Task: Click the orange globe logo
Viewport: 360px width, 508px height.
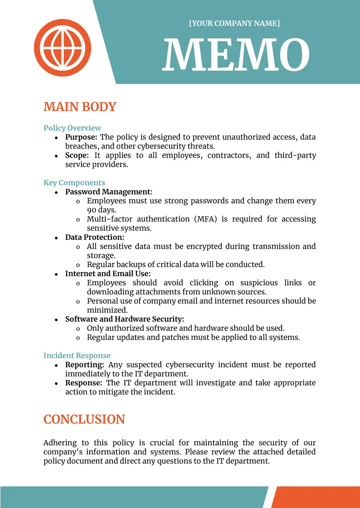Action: pos(63,48)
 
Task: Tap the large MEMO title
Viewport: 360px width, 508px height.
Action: pos(236,55)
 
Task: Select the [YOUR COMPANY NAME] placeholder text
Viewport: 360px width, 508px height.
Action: pos(234,23)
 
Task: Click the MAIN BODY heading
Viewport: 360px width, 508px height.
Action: pos(80,107)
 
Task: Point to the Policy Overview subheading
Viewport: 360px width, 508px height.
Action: pos(72,128)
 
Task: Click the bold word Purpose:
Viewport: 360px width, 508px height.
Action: pos(81,137)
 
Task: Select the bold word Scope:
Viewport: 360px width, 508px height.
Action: pos(77,155)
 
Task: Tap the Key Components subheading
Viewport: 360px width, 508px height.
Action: pos(74,183)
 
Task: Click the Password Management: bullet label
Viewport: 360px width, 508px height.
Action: pos(109,192)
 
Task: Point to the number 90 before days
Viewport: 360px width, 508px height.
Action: pos(91,210)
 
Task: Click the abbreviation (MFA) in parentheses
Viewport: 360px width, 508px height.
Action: pos(205,219)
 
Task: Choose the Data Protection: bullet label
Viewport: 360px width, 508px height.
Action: pos(94,238)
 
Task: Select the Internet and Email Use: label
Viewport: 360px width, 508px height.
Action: pos(108,274)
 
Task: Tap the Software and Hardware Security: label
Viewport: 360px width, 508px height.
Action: pos(124,319)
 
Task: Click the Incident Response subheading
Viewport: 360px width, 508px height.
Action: pos(77,356)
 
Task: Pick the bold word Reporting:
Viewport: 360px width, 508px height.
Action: pos(84,365)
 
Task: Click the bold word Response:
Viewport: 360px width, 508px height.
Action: pos(84,383)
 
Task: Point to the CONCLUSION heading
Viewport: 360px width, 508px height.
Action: pos(84,419)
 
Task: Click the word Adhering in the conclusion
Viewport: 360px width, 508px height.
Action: pos(60,443)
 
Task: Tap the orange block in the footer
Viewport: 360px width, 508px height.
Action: pos(317,497)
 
